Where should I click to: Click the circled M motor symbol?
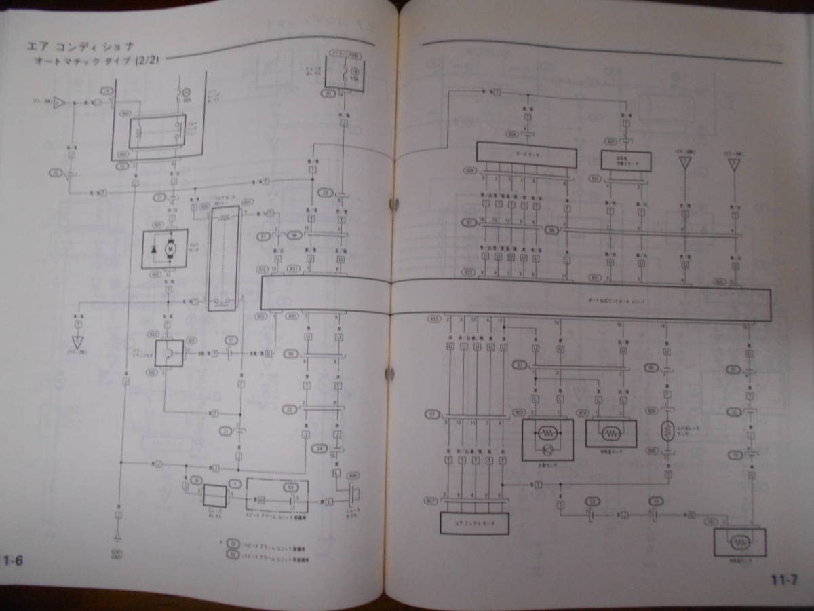pyautogui.click(x=171, y=249)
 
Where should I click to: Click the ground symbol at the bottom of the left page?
pyautogui.click(x=118, y=538)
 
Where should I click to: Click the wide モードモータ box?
pyautogui.click(x=526, y=155)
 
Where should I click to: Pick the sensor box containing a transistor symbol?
pyautogui.click(x=547, y=439)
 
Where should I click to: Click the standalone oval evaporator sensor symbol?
pyautogui.click(x=668, y=430)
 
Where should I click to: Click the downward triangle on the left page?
pyautogui.click(x=78, y=341)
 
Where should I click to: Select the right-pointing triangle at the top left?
pyautogui.click(x=59, y=103)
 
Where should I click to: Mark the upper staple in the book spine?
pyautogui.click(x=393, y=203)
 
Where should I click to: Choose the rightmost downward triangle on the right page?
pyautogui.click(x=733, y=164)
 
